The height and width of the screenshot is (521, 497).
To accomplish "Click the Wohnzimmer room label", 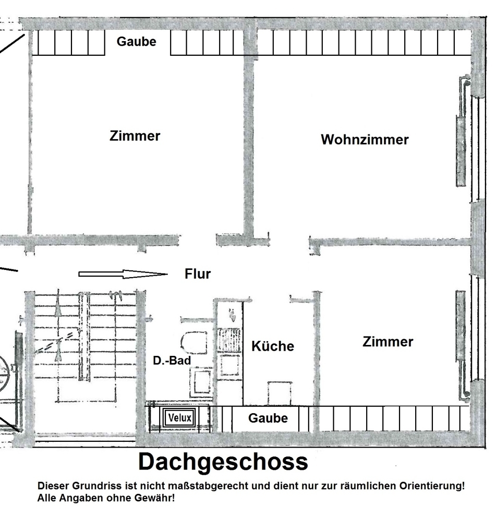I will pyautogui.click(x=365, y=140).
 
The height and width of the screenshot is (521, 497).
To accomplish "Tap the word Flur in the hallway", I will pyautogui.click(x=198, y=274).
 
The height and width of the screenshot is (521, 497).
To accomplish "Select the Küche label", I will pyautogui.click(x=273, y=346).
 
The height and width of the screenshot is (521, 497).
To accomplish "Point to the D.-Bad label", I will pyautogui.click(x=172, y=360).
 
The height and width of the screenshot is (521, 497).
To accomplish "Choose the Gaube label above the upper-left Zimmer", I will pyautogui.click(x=136, y=42).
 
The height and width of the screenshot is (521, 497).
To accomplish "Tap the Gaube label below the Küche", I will pyautogui.click(x=268, y=418).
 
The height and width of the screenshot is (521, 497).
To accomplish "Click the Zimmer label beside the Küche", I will pyautogui.click(x=387, y=342).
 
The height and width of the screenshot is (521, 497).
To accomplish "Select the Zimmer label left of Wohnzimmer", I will pyautogui.click(x=135, y=136).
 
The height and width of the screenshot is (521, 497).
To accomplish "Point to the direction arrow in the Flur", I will pyautogui.click(x=123, y=274).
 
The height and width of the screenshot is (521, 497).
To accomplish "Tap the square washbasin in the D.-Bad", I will pyautogui.click(x=200, y=381).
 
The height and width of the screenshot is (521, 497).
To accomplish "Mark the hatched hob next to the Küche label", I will pyautogui.click(x=228, y=339).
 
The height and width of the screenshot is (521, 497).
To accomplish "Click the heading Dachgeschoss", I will pyautogui.click(x=223, y=462).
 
